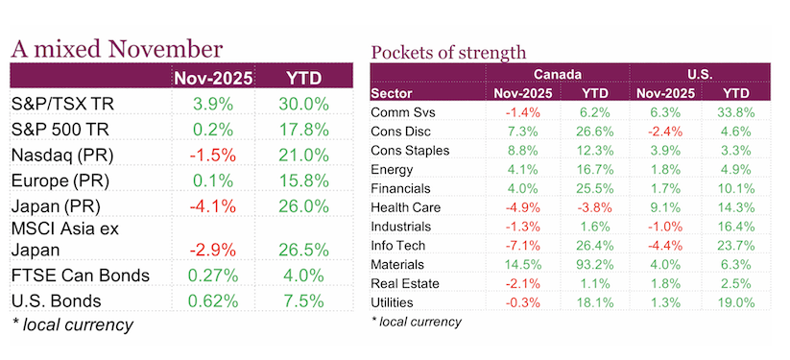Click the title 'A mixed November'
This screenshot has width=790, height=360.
(115, 47)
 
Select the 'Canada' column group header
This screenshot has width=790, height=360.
(554, 74)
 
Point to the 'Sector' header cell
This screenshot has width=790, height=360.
(394, 92)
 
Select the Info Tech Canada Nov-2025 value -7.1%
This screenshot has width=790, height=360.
(517, 245)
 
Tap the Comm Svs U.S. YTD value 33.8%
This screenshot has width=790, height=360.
(735, 112)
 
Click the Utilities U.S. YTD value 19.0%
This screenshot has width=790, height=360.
(735, 302)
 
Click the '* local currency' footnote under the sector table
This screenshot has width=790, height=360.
(416, 323)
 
